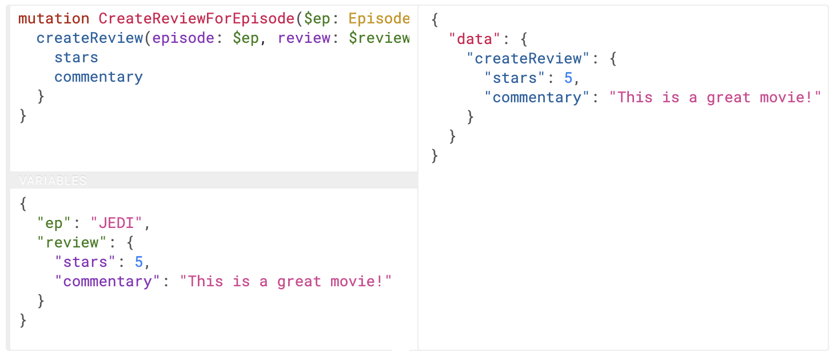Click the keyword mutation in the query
click(54, 19)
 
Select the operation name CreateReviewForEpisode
click(196, 19)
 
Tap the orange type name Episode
click(379, 19)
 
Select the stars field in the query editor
click(76, 58)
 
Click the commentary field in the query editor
click(98, 77)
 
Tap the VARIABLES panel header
click(53, 181)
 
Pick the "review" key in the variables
click(71, 242)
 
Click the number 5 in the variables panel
click(139, 262)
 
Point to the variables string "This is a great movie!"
click(286, 281)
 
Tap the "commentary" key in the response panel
click(537, 97)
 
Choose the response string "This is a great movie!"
click(715, 97)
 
